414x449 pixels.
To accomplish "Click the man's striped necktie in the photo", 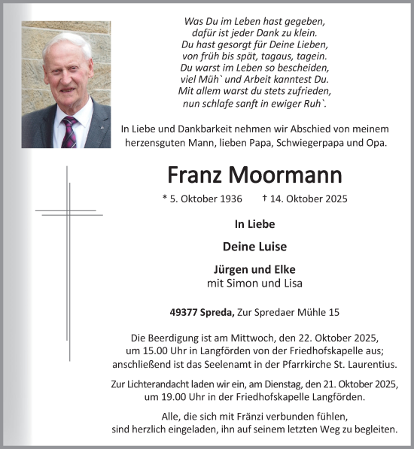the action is (70, 132).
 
